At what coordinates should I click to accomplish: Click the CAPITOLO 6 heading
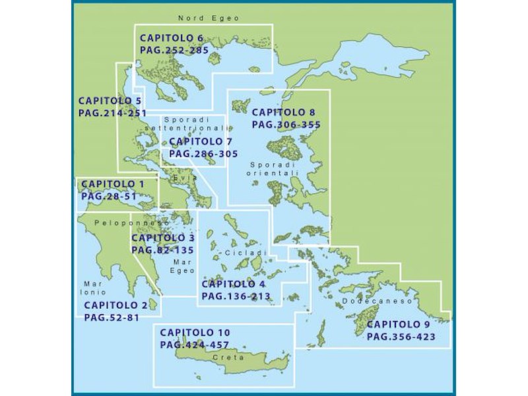172,38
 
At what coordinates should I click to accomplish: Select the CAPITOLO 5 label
110,101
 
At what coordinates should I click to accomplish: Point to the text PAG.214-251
112,113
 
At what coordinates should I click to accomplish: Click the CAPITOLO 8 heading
284,112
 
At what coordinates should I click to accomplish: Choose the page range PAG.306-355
286,124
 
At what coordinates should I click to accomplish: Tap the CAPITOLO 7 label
201,141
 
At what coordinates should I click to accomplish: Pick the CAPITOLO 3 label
162,238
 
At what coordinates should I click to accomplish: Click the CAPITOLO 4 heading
234,284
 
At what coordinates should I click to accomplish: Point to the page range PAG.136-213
236,296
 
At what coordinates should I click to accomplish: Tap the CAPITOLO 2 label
115,306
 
